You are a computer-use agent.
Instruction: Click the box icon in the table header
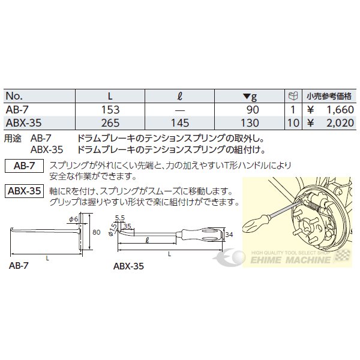pos(293,96)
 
